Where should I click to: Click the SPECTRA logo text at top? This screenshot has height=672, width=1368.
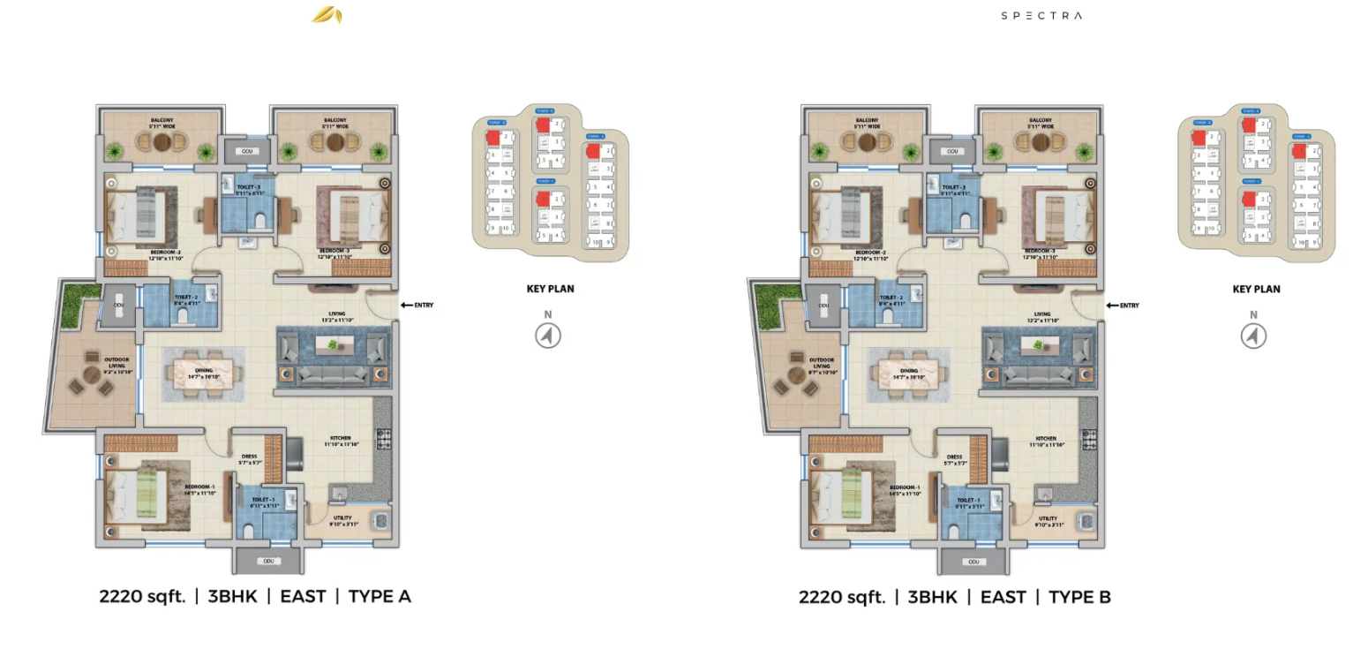click(x=1041, y=15)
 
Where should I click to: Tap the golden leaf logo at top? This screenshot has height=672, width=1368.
click(x=327, y=15)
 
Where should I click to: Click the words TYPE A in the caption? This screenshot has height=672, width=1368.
click(x=380, y=597)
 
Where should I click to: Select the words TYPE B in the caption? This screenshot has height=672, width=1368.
click(x=1079, y=598)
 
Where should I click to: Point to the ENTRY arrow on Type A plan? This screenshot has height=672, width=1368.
click(x=407, y=306)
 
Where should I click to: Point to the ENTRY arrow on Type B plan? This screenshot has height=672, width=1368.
click(x=1112, y=306)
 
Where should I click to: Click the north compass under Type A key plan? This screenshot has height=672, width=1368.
click(x=548, y=335)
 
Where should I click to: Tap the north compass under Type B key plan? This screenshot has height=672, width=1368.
click(x=1253, y=335)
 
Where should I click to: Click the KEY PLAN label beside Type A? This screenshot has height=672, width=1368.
click(x=550, y=289)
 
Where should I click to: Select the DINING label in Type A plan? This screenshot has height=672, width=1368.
click(x=204, y=371)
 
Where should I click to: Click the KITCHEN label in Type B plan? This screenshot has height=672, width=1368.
click(x=1046, y=439)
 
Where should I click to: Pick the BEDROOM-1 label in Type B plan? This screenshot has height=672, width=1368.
click(x=905, y=487)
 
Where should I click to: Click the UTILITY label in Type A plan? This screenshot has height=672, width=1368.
click(x=342, y=518)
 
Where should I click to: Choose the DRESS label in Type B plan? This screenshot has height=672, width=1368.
click(x=954, y=457)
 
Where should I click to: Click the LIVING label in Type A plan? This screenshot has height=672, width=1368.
click(x=337, y=313)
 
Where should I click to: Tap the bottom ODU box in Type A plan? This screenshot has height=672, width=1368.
click(x=268, y=561)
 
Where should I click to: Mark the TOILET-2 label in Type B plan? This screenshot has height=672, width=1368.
click(x=891, y=298)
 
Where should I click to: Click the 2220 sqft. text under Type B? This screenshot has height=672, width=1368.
click(x=842, y=598)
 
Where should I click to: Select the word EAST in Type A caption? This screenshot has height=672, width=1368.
click(x=303, y=597)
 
